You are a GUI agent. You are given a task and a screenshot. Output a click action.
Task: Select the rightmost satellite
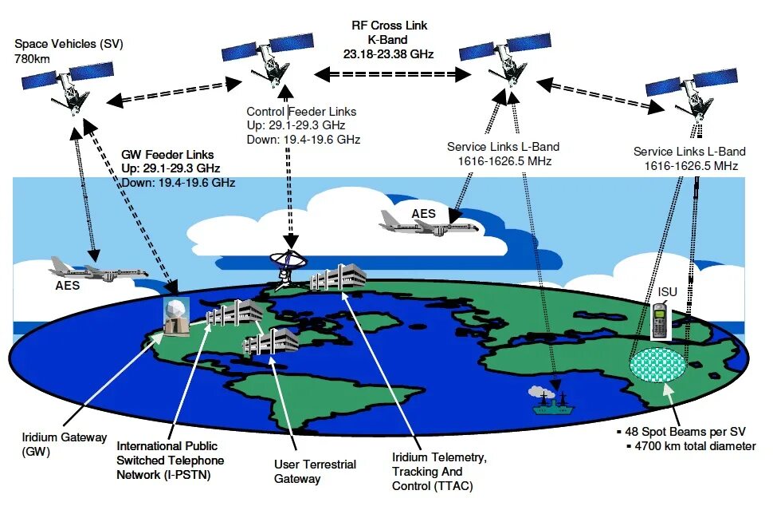tap(689, 92)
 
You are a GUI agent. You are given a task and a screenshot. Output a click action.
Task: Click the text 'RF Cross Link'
tap(390, 26)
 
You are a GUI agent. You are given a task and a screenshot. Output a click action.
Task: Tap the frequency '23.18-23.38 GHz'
tap(390, 54)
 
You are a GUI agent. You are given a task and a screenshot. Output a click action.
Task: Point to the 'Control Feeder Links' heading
tap(301, 112)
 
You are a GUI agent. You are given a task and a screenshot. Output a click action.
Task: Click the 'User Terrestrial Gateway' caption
tap(315, 471)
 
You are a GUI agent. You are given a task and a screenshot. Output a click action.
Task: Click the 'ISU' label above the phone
tap(668, 292)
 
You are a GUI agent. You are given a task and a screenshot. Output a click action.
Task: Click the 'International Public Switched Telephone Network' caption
tap(170, 461)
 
